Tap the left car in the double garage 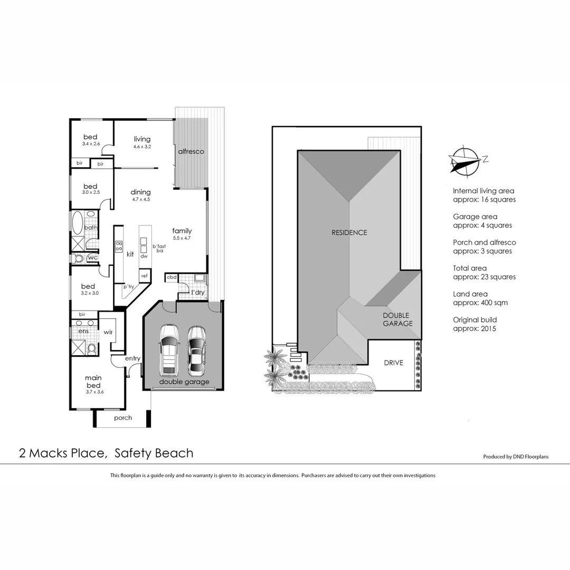click(x=169, y=350)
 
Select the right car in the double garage click(x=197, y=350)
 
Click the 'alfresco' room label click(x=191, y=151)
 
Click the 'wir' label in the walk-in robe click(x=109, y=332)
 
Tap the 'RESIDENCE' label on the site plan click(x=349, y=232)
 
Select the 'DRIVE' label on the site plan click(x=393, y=363)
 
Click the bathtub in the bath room click(x=77, y=222)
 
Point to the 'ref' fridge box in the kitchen click(x=144, y=275)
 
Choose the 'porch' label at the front click(x=123, y=417)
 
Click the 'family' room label click(x=182, y=231)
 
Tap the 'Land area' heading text click(x=470, y=294)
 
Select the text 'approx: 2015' click(x=474, y=328)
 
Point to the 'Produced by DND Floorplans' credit click(x=516, y=457)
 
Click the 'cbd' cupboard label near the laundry click(x=172, y=277)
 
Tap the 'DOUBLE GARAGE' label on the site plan click(x=398, y=319)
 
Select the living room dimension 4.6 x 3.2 click(x=141, y=147)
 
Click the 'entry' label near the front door click(x=132, y=358)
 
